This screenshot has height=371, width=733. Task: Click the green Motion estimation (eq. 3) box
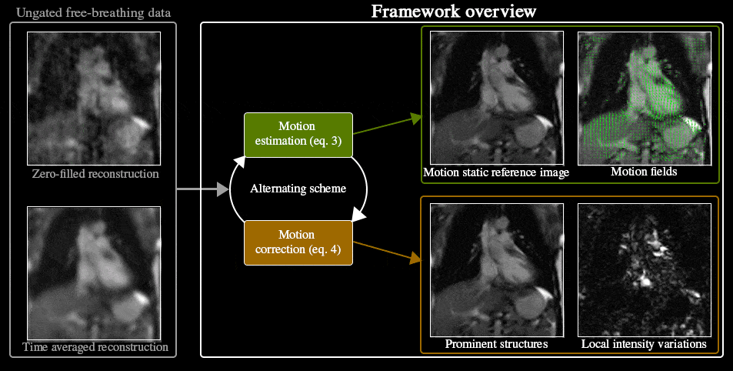298,134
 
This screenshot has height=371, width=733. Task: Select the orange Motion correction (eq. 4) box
298,242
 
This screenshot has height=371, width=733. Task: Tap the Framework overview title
453,12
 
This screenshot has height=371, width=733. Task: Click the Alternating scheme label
298,188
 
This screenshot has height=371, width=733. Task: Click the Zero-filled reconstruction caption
95,174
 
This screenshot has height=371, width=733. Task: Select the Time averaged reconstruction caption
95,347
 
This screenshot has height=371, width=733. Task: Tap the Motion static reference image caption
496,172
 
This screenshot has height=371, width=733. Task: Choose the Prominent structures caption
496,344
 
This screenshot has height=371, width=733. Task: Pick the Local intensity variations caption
644,344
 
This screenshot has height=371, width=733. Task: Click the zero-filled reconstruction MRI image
94,98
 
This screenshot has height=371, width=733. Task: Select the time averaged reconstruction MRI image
94,272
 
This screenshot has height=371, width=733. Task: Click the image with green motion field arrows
644,97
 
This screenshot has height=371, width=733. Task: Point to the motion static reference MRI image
497,97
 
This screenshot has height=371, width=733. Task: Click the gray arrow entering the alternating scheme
202,188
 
